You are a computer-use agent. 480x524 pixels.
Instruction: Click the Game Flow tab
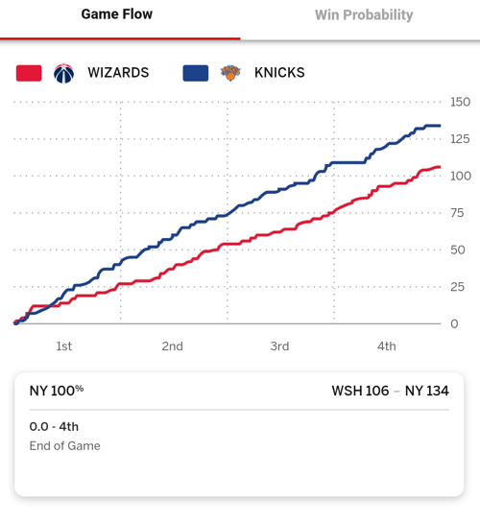click(x=117, y=14)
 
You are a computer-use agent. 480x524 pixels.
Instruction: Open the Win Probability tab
click(x=364, y=15)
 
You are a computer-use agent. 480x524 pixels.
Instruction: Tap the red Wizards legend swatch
click(x=29, y=73)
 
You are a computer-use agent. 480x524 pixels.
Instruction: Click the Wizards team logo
click(x=64, y=73)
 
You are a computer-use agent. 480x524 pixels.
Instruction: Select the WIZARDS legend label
click(x=118, y=73)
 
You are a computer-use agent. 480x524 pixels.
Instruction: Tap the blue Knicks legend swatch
click(x=196, y=73)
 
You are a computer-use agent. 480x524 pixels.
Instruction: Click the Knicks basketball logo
click(x=230, y=73)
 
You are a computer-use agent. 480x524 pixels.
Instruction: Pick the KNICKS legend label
click(x=279, y=73)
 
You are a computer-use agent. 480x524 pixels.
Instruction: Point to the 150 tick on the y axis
click(x=460, y=102)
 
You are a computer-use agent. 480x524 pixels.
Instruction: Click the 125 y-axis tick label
click(x=460, y=139)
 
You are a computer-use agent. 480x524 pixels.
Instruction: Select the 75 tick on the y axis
click(x=457, y=213)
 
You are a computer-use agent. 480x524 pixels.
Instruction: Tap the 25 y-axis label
click(x=457, y=287)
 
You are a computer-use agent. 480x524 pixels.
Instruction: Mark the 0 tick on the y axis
click(x=454, y=323)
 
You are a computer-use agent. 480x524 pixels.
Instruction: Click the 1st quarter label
click(x=64, y=346)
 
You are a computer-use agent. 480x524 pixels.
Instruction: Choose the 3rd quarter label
click(x=279, y=346)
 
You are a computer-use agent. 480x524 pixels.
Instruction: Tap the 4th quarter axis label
click(x=387, y=346)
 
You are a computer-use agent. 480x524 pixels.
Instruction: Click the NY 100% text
click(x=57, y=391)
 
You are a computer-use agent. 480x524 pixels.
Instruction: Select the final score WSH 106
click(x=360, y=391)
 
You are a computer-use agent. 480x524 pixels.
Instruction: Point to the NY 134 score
click(x=427, y=391)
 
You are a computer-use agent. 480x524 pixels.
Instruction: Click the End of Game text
click(x=65, y=446)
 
